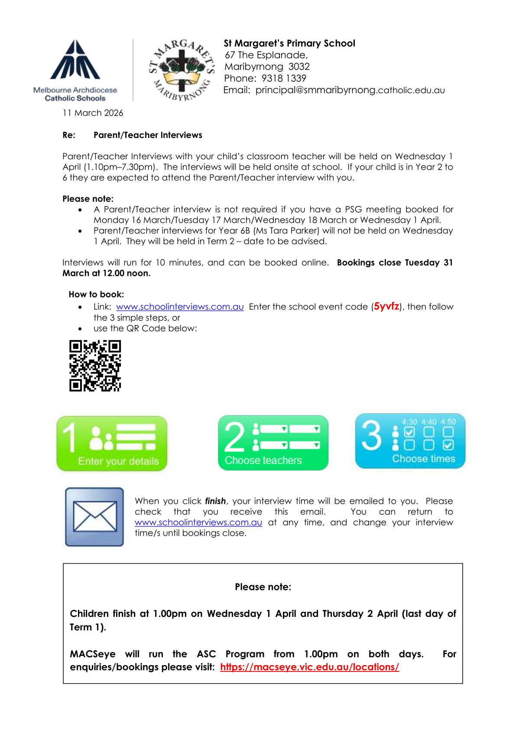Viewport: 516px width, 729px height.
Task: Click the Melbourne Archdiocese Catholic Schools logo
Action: click(75, 70)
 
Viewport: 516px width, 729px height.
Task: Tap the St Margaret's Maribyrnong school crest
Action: click(182, 70)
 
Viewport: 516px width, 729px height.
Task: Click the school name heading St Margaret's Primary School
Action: click(289, 43)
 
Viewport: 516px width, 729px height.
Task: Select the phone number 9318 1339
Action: click(284, 78)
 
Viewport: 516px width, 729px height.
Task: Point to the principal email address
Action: click(350, 90)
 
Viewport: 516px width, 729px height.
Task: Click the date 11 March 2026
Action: click(93, 113)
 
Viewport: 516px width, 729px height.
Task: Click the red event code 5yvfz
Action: click(386, 306)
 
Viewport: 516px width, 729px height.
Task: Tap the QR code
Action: click(95, 366)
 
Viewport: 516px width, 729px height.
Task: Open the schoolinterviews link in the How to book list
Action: click(180, 307)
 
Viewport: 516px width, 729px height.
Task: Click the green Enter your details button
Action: click(112, 443)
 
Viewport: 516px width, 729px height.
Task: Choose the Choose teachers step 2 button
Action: click(273, 443)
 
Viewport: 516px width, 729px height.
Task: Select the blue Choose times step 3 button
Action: click(410, 441)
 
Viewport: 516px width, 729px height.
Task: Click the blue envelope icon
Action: click(94, 516)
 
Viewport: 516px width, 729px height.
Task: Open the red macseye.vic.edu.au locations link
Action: click(309, 667)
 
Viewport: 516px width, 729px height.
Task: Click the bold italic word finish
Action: click(215, 501)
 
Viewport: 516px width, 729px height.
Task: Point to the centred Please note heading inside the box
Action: click(263, 587)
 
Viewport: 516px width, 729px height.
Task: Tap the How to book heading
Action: click(96, 294)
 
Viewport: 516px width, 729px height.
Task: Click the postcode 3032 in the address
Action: click(299, 67)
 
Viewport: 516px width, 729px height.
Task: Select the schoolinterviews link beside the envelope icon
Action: click(198, 523)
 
